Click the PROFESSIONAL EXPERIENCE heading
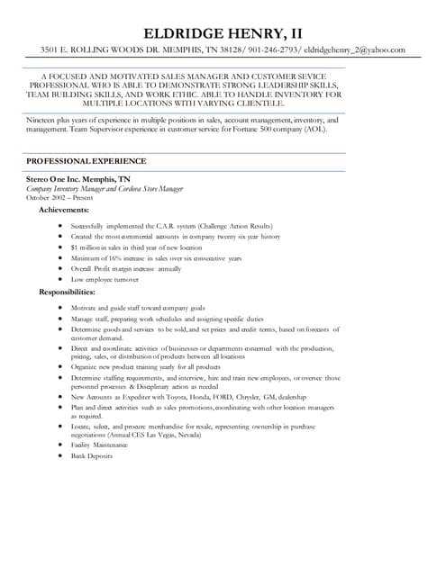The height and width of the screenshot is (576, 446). [86, 160]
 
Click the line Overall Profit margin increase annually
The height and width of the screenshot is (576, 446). [126, 269]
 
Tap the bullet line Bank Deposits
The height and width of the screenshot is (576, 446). [92, 456]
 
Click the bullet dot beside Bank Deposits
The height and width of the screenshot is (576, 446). [59, 456]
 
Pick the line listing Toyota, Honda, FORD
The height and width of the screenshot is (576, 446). [194, 397]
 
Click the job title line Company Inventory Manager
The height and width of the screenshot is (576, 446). [105, 189]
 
